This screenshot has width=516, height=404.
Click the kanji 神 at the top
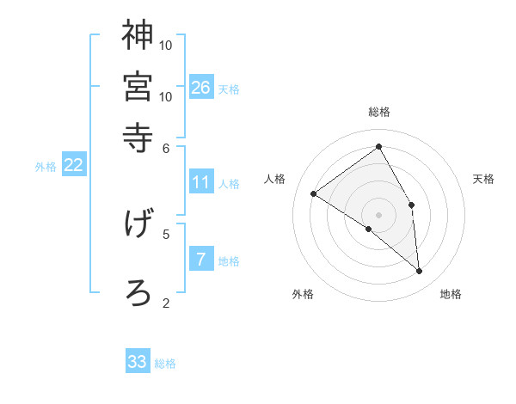138,37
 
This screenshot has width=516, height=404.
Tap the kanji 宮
138,87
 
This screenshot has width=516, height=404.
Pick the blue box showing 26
200,87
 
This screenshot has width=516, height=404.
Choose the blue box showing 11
200,182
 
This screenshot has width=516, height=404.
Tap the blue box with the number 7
200,259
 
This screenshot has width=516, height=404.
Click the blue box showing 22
73,165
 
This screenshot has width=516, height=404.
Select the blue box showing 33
138,362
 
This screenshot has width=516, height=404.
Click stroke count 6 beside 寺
167,148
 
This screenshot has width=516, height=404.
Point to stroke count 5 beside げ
166,233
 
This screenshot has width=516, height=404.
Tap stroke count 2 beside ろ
166,303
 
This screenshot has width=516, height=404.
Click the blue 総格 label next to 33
166,364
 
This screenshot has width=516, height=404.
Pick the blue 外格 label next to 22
46,167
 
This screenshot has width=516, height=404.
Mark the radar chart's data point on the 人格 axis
313,193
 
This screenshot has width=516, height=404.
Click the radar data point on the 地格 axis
420,272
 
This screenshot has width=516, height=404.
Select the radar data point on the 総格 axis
378,146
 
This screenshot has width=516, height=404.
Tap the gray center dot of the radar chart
378,213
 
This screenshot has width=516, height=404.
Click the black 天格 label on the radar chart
484,179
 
